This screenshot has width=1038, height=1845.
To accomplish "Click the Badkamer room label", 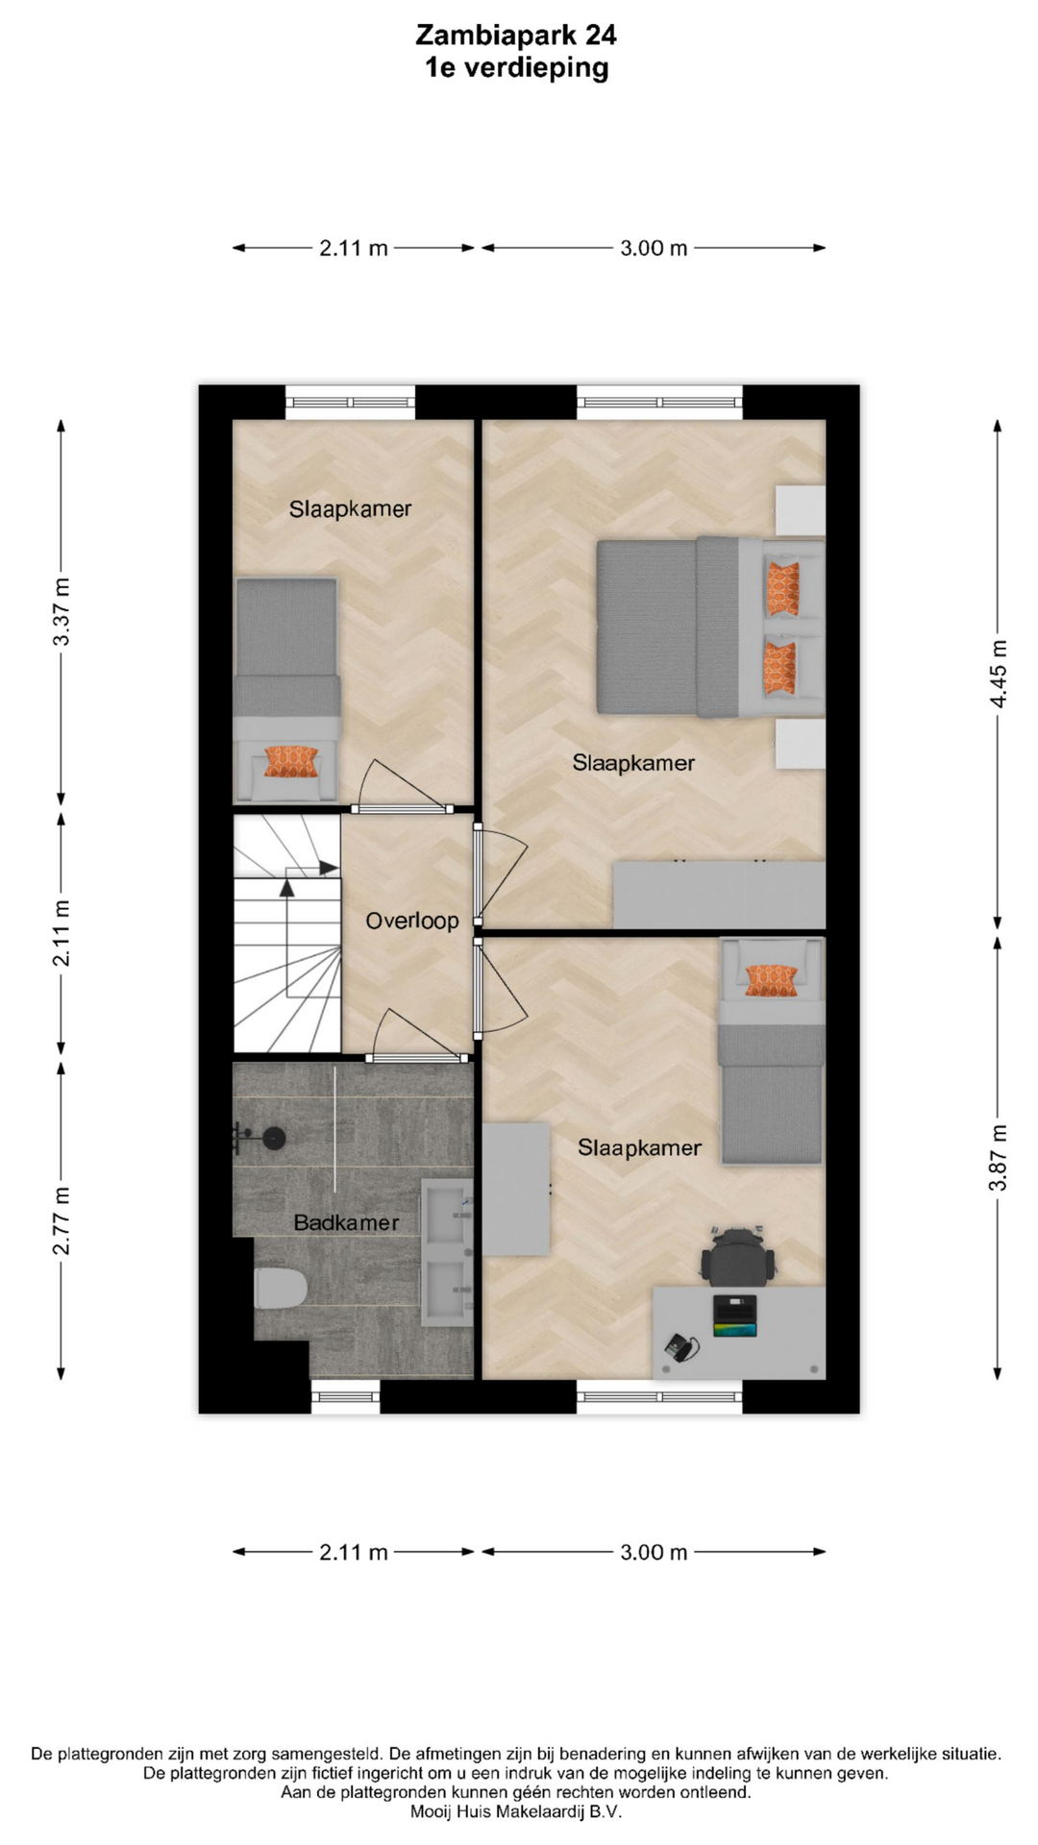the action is point(346,1222).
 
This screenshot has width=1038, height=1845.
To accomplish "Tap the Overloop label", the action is point(412,921).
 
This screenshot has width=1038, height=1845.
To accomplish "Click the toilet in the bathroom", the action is point(280,1288).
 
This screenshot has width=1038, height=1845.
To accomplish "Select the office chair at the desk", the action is point(737,1256).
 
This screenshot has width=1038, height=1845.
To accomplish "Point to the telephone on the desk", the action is point(681,1347).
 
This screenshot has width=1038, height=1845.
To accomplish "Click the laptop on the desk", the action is point(734,1316).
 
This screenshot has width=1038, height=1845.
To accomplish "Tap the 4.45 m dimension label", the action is point(999,674).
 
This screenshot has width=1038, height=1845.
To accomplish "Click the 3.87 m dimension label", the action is point(999,1157).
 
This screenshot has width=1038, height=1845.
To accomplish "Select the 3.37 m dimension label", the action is point(61,611).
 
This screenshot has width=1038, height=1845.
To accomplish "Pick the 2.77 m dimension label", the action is point(61,1220).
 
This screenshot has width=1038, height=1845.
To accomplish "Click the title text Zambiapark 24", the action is point(516,36).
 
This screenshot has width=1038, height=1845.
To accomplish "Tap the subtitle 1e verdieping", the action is point(517,68).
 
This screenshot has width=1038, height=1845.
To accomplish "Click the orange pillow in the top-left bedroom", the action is point(291,761).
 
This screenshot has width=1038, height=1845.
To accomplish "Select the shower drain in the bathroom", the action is point(274,1139).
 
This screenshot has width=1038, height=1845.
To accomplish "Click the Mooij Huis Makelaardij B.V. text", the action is point(516,1811).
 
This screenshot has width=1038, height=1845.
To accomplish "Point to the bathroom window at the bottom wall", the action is point(346,1396).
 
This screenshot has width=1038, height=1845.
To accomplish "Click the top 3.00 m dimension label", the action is point(654,248).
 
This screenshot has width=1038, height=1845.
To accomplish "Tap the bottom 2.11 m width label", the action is point(354,1552).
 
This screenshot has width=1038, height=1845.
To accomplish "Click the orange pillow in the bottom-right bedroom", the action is point(772,980).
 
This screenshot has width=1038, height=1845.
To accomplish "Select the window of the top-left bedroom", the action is point(351,402).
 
